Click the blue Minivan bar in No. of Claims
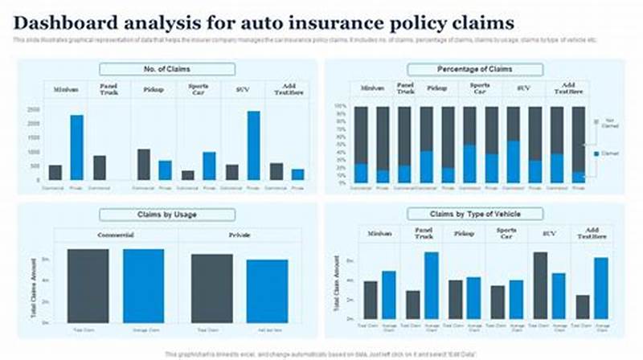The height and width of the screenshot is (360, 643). click(x=77, y=147)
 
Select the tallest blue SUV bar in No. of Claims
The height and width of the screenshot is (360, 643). click(x=254, y=145)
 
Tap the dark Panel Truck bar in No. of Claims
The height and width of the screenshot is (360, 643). click(x=100, y=167)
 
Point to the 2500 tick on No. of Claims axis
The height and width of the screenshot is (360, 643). click(x=34, y=108)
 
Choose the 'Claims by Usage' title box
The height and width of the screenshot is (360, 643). click(x=166, y=215)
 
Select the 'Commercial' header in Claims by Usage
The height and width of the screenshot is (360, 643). click(x=116, y=235)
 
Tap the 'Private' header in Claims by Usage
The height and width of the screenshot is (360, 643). click(x=239, y=235)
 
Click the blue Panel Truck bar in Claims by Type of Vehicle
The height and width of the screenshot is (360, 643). click(x=432, y=285)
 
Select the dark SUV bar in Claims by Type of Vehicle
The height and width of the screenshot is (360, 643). click(x=540, y=285)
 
